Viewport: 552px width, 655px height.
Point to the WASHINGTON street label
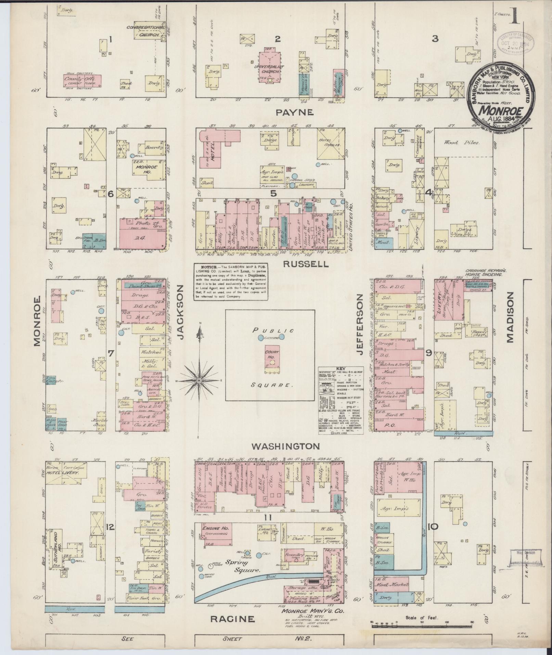coord(285,446)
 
